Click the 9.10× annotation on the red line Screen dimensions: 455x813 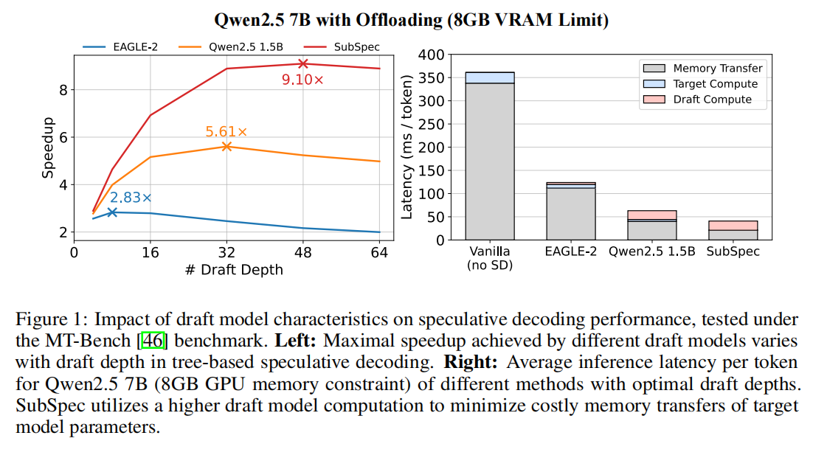tap(302, 80)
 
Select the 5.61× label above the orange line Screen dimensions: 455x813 tap(226, 132)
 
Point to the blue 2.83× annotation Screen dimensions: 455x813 tap(131, 198)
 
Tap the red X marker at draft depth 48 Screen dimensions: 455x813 tap(302, 64)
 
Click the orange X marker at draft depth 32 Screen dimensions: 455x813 tap(226, 146)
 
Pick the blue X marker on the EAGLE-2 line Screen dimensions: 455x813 tap(112, 212)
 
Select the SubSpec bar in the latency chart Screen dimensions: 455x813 tap(733, 230)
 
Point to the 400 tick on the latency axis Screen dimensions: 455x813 tap(432, 55)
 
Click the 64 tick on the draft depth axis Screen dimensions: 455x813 tap(379, 253)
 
